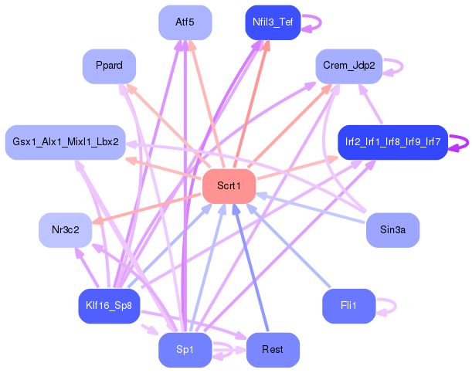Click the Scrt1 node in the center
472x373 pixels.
[229, 186]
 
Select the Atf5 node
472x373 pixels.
[185, 22]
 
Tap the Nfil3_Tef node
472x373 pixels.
[272, 22]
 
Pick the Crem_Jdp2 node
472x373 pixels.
[348, 66]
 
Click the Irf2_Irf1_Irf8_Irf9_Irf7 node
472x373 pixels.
[392, 142]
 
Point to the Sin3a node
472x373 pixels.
[392, 230]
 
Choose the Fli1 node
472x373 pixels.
[348, 307]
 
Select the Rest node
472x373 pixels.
[272, 350]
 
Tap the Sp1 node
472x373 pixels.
[185, 350]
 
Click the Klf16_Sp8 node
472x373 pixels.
[110, 307]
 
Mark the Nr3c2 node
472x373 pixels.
[66, 230]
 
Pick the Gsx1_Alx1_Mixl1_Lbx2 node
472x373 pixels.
[66, 142]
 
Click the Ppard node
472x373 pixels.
[110, 66]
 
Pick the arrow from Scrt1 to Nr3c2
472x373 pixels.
[147, 209]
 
